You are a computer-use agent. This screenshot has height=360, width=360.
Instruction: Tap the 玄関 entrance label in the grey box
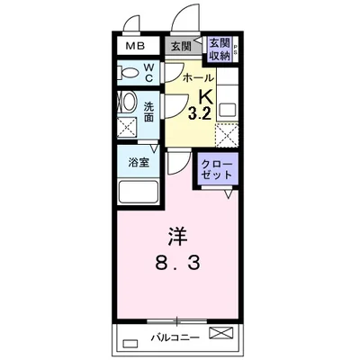coord(180,45)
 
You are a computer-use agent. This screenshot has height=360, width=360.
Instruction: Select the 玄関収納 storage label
coord(219,49)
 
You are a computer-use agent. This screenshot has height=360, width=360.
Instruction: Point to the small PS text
coord(237,49)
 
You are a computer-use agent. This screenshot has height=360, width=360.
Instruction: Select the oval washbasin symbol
coord(127,104)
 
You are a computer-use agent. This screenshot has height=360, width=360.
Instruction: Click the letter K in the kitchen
coord(205,97)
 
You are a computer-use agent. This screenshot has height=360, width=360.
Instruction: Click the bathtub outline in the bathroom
coord(138,191)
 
